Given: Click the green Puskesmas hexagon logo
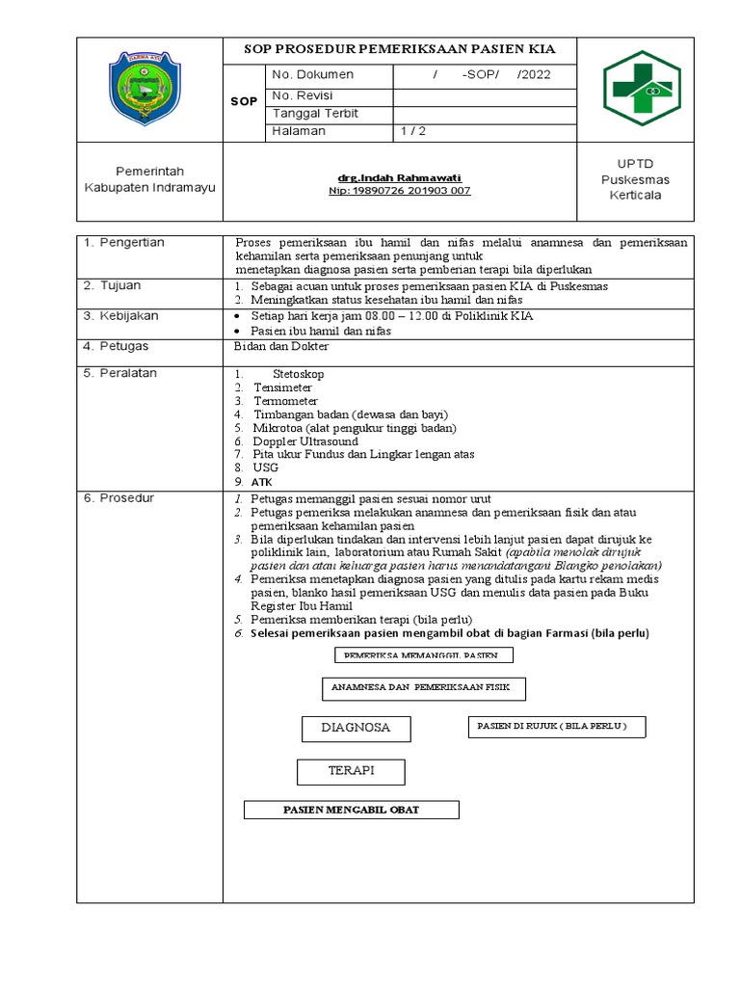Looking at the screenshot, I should click(x=642, y=89).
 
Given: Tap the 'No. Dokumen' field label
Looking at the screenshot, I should click(x=313, y=75).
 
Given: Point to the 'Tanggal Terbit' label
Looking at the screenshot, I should click(x=315, y=113).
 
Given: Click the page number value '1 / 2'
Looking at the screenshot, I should click(x=413, y=131).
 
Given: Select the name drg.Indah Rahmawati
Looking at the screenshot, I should click(x=399, y=178).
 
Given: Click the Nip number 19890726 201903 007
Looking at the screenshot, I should click(x=399, y=191).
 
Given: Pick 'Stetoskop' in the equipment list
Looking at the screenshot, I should click(x=299, y=373).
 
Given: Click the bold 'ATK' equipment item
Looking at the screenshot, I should click(x=262, y=481).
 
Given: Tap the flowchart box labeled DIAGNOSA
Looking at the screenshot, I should click(x=356, y=728).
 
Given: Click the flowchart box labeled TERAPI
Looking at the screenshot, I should click(x=351, y=771).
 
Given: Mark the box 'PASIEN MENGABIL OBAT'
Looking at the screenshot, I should click(x=351, y=810).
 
